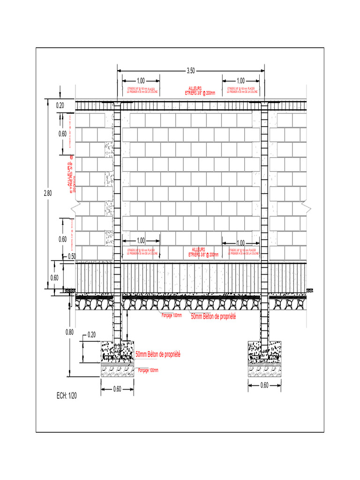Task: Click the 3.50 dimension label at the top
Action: click(191, 71)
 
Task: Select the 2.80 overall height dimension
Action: click(48, 193)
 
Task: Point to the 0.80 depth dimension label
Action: click(69, 332)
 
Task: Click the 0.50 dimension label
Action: click(72, 256)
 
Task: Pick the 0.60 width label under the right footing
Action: click(265, 386)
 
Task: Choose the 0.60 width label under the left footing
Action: click(118, 389)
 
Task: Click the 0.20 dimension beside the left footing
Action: click(91, 335)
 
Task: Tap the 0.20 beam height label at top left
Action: click(60, 105)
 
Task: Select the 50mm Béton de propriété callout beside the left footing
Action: click(158, 354)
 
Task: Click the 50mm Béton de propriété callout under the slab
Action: click(213, 317)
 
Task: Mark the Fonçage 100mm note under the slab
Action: click(172, 315)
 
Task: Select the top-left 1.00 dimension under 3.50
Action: click(140, 80)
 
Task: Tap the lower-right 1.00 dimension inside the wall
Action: click(240, 243)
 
